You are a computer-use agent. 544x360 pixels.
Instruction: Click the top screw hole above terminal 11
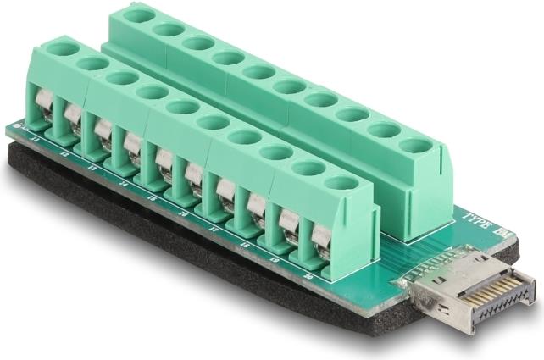(x=60, y=49)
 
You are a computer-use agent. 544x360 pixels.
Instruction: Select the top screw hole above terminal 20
(x=341, y=182)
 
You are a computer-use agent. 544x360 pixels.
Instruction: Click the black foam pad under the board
(x=169, y=246)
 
